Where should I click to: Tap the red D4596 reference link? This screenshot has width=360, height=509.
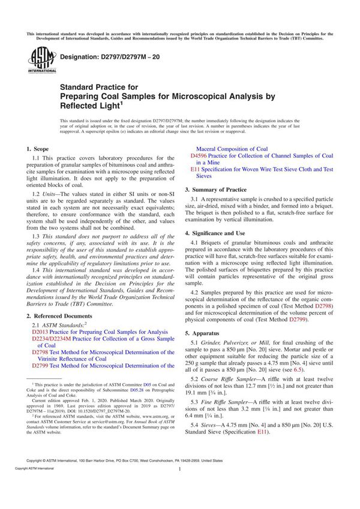tap(199, 155)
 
